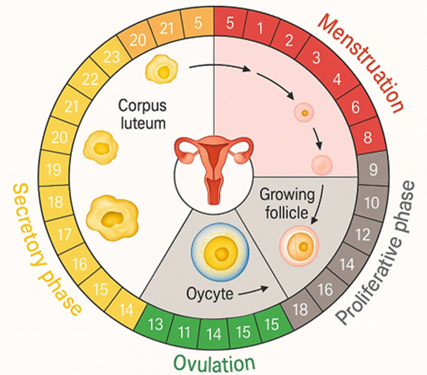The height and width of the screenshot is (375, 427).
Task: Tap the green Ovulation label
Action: tap(215, 363)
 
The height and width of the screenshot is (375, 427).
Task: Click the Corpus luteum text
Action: tap(142, 114)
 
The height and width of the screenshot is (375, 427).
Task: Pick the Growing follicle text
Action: tap(287, 204)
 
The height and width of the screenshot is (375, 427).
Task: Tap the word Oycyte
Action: tap(210, 294)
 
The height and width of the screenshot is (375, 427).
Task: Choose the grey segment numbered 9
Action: tap(373, 169)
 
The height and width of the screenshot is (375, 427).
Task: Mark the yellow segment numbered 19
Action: tap(54, 169)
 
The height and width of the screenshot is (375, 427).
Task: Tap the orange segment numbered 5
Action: tap(198, 23)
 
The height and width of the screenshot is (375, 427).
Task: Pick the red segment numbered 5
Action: tap(230, 23)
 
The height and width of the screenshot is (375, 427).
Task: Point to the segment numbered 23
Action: tap(111, 57)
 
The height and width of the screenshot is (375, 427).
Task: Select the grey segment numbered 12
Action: tap(364, 235)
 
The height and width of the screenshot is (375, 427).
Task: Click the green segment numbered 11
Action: tap(184, 332)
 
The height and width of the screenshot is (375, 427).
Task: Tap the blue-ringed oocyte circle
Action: tap(220, 253)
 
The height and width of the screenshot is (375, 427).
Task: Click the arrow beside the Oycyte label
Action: tap(253, 290)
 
